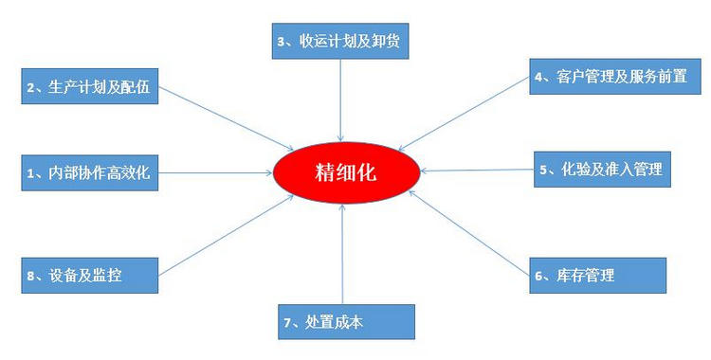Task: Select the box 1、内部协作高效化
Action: click(88, 172)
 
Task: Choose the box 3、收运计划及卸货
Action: click(340, 42)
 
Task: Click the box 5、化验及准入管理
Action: click(603, 170)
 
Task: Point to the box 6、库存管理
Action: click(597, 275)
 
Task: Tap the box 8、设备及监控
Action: click(86, 275)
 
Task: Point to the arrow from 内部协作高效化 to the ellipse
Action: click(213, 172)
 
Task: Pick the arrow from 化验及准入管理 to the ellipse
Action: click(479, 171)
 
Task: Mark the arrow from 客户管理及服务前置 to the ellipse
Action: click(465, 115)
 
